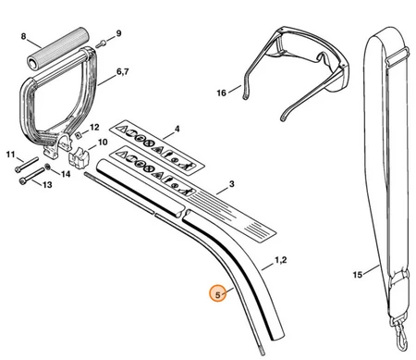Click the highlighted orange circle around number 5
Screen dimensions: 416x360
coord(218,293)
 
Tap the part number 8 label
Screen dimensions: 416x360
coord(24,36)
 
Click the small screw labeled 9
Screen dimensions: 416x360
coord(101,43)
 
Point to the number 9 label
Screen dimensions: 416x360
coord(118,33)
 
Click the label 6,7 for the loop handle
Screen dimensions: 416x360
coord(123,71)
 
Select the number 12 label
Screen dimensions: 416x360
coord(94,127)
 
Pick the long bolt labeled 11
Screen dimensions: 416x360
coord(27,164)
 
